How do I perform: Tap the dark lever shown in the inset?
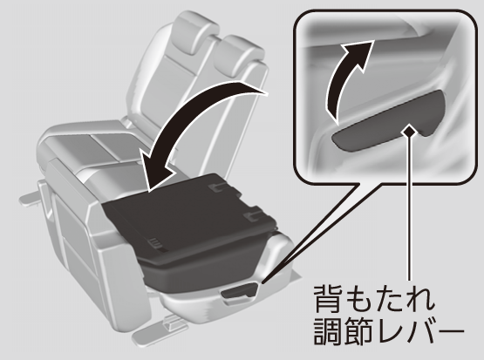[389, 122]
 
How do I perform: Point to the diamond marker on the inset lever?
[410, 131]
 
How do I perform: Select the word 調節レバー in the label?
[389, 331]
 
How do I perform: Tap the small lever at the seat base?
[240, 291]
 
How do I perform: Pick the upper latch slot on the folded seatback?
[218, 187]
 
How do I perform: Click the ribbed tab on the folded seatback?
[155, 242]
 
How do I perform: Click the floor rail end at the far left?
[30, 197]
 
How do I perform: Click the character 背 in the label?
[328, 298]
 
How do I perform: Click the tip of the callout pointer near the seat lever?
[262, 282]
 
